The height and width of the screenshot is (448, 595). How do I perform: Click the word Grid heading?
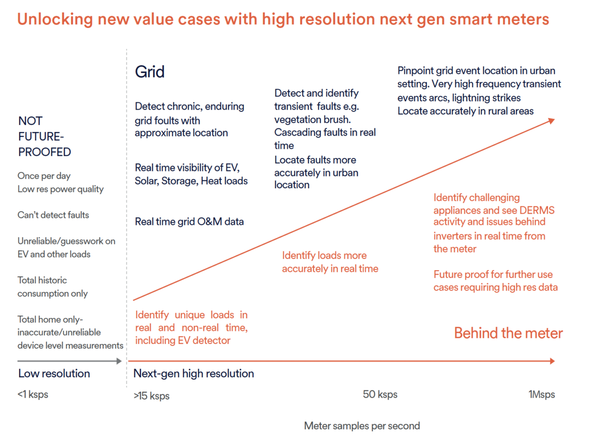[150, 72]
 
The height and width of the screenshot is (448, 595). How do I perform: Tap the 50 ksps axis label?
[380, 395]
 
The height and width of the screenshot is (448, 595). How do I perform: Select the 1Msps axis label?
[542, 395]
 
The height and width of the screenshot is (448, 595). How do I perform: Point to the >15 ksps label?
[152, 396]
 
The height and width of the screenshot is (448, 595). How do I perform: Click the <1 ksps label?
[33, 395]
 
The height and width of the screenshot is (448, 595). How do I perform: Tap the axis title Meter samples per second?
[362, 426]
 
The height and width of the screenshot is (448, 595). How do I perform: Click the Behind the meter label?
[508, 333]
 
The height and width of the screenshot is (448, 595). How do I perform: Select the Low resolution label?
[54, 374]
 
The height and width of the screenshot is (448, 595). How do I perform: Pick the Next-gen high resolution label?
[193, 374]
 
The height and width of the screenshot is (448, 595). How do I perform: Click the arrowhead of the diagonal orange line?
[552, 121]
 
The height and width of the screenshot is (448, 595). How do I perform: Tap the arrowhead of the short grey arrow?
[119, 361]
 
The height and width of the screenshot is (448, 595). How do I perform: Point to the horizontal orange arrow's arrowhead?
[552, 361]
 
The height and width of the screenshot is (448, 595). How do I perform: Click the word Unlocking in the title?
[55, 19]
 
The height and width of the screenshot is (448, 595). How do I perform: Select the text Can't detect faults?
[53, 215]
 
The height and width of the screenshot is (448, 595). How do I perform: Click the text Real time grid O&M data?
[189, 222]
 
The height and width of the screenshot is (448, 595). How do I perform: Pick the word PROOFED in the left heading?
[45, 152]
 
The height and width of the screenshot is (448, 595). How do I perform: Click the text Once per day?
[44, 176]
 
